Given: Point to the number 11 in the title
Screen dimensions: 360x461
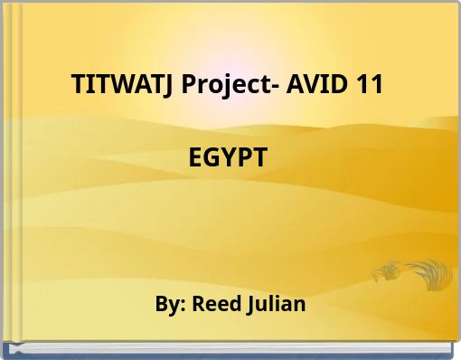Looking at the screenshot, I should coord(371,86).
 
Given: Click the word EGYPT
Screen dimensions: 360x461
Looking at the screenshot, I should coord(229,157).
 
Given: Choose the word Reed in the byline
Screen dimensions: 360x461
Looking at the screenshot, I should coord(216,304).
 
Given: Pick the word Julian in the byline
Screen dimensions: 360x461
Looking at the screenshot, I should coord(276,304).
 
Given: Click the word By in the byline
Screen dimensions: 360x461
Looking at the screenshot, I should coord(169,304).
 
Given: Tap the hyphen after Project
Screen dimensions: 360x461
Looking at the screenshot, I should coord(283,89).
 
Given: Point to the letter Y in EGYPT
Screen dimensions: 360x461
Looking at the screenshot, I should coord(230,157).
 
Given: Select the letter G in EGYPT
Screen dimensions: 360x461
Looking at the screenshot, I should coord(214,157).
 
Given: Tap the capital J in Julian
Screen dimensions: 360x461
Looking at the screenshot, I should coord(249,305).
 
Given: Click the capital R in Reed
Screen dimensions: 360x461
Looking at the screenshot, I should coord(198,304).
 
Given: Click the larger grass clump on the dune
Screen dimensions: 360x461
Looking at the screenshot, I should coord(428,272).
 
